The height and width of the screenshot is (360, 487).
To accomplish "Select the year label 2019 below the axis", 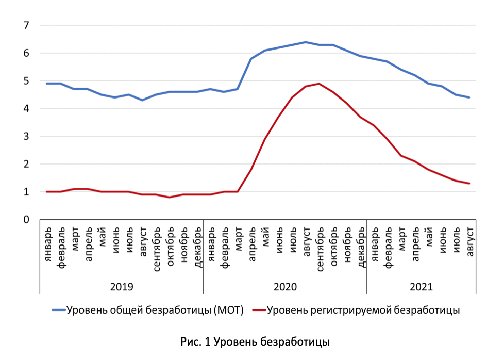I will tap(122, 287).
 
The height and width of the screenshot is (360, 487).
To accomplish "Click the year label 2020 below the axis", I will tap(285, 287).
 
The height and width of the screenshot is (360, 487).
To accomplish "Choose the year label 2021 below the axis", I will tap(422, 287).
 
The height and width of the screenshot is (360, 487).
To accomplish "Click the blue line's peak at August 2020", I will tap(306, 42).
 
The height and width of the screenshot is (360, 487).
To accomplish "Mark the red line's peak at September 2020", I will tap(320, 84).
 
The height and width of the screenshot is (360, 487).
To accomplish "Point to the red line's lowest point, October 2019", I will tap(170, 197).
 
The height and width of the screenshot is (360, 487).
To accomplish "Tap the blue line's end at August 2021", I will tap(469, 97).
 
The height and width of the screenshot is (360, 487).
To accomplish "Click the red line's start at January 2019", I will tap(47, 192).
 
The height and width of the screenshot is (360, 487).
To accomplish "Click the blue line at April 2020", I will tap(251, 59).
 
